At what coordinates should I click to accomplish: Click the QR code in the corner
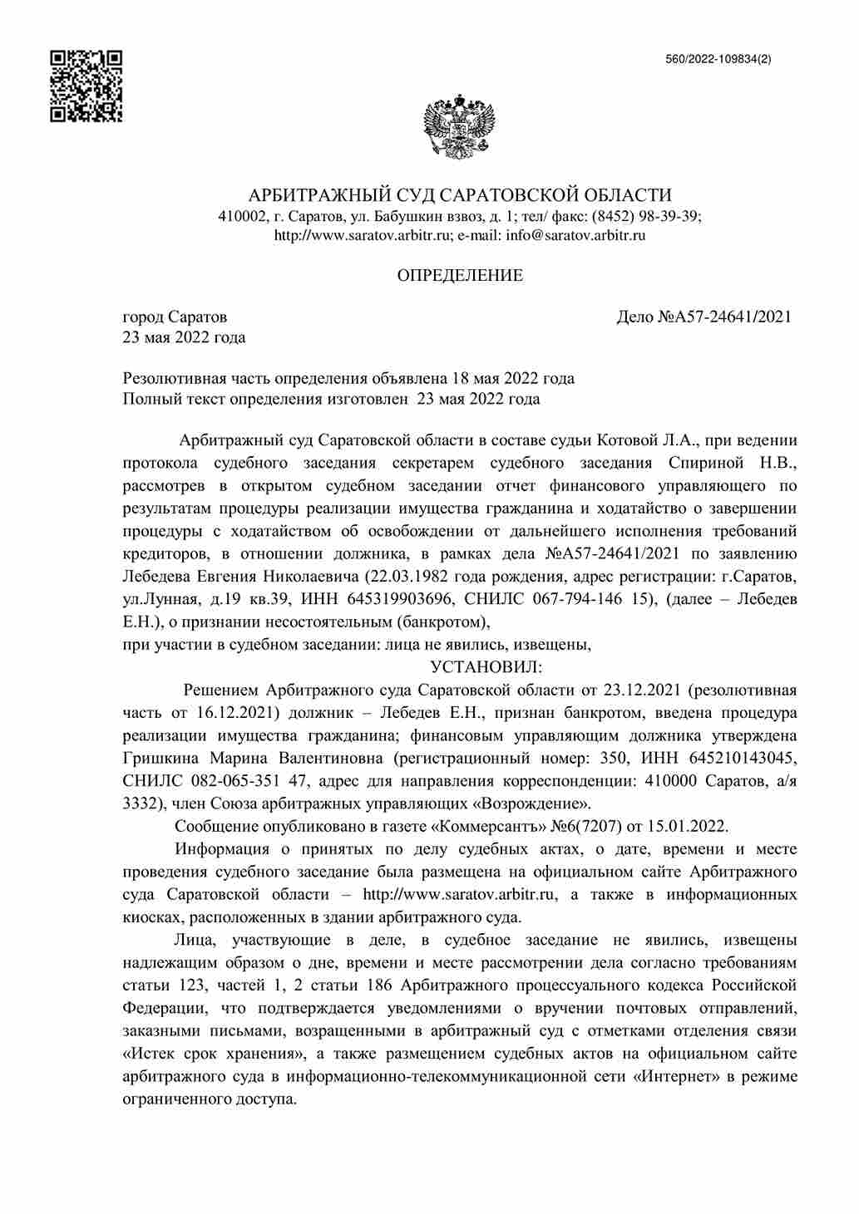tap(86, 86)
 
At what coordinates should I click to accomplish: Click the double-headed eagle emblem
tap(460, 126)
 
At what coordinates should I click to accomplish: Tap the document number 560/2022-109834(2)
tap(718, 59)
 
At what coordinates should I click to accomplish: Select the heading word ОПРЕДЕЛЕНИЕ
tap(460, 276)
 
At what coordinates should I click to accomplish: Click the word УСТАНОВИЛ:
tap(486, 667)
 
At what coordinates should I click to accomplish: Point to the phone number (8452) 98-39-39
tap(645, 216)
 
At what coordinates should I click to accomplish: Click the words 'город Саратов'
tap(175, 317)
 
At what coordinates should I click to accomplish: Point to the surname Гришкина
tap(161, 758)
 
